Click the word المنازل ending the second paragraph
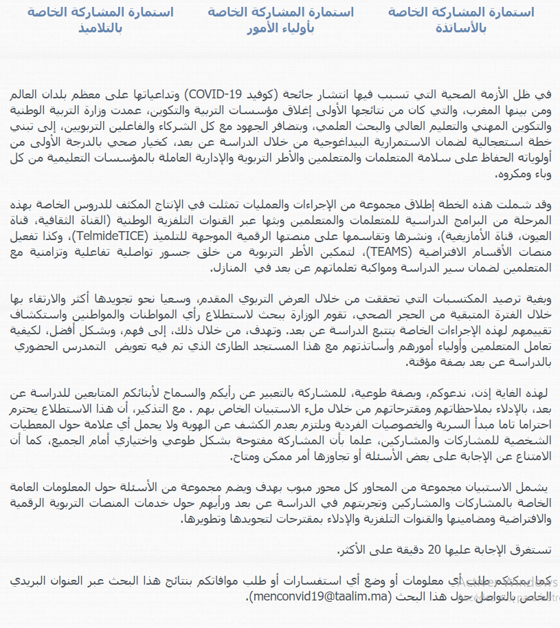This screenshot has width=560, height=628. tap(233, 268)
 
